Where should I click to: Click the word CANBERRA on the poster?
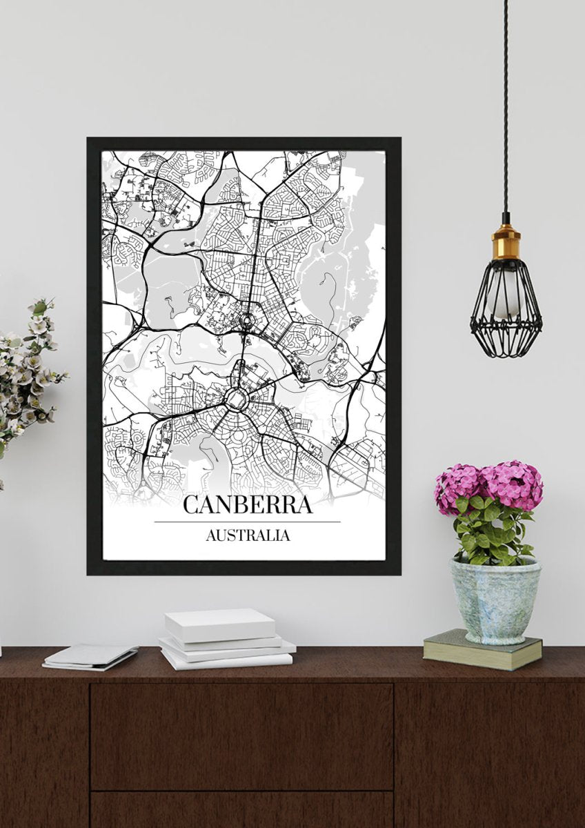247,504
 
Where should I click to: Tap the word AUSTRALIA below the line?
247,535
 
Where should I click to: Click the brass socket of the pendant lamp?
506,241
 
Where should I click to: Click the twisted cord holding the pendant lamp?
506,103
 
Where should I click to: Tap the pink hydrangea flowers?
489,484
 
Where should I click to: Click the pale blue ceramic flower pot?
495,600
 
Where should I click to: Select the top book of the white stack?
219,624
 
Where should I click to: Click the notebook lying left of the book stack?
90,655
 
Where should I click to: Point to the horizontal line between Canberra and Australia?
247,522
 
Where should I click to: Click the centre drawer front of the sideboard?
241,735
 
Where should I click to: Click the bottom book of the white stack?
228,660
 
